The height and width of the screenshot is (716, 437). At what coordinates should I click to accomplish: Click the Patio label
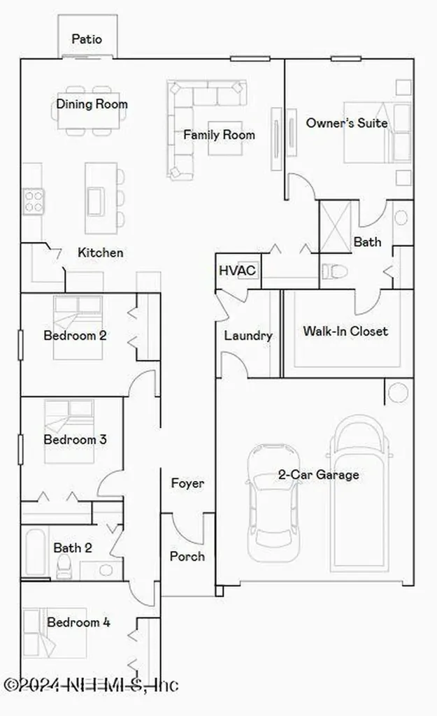tap(87, 39)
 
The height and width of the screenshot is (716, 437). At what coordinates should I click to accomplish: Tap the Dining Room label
tap(92, 104)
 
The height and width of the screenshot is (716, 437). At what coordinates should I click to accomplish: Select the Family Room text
tap(219, 134)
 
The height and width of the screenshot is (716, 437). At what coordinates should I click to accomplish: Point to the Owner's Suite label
tap(347, 123)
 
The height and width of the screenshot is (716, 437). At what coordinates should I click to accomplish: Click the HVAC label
tap(237, 271)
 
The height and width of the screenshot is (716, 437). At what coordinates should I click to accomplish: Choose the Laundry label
tap(248, 336)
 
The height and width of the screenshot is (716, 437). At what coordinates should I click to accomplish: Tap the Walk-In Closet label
tap(345, 331)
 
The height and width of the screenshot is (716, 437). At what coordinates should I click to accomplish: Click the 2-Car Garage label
tap(318, 475)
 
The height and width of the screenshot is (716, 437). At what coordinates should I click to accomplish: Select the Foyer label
tap(187, 483)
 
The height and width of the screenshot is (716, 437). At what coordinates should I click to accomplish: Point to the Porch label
tap(187, 556)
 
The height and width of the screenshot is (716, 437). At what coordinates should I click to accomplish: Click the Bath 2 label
tap(72, 548)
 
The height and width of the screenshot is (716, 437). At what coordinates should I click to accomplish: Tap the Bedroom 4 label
tap(78, 622)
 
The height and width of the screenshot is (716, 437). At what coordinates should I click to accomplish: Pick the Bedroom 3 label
tap(74, 440)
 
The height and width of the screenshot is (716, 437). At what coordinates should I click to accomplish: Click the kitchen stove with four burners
tap(33, 201)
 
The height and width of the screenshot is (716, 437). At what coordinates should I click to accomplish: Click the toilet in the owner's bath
tap(333, 271)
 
